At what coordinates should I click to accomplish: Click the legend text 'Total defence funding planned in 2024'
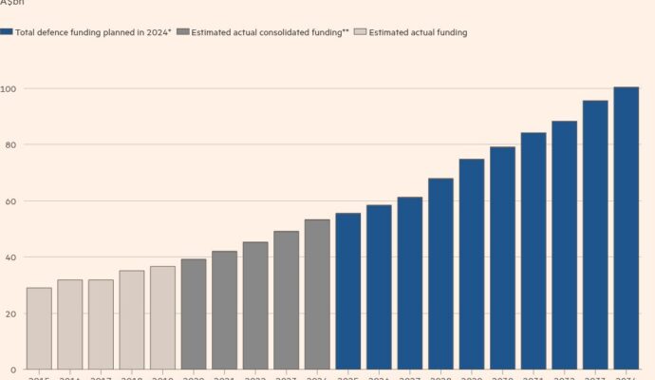tap(92, 32)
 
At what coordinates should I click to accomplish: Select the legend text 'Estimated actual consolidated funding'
tap(266, 32)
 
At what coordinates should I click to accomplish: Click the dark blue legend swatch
tap(7, 32)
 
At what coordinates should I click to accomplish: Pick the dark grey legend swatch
tap(182, 32)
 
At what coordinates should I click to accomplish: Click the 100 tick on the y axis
tap(9, 88)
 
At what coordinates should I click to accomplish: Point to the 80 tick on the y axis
tap(8, 144)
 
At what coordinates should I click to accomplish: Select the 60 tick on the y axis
tap(8, 201)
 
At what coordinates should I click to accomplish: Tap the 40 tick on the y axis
tap(8, 257)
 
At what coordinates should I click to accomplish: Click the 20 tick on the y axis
tap(8, 313)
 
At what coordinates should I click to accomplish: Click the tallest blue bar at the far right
tap(627, 228)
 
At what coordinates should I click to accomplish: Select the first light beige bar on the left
tap(39, 329)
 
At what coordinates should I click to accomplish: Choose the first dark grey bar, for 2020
tap(194, 314)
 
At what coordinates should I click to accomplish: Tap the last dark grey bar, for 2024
tap(317, 294)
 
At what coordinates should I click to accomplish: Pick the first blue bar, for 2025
tap(348, 291)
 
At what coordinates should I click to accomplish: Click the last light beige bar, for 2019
tap(162, 317)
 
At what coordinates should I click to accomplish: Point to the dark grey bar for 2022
tap(255, 306)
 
